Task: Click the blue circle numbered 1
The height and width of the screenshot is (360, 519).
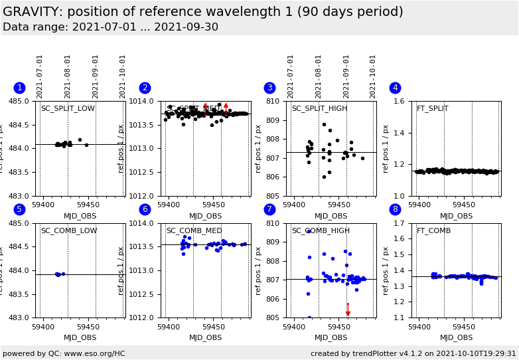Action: tap(20, 88)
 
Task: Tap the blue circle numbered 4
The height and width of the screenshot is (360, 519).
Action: tap(396, 88)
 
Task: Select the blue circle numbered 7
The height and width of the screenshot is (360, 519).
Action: tap(270, 209)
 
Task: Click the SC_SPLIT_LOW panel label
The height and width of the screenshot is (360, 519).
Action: tap(68, 109)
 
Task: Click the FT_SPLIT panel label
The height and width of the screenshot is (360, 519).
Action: tap(432, 109)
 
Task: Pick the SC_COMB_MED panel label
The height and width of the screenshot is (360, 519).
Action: tap(194, 231)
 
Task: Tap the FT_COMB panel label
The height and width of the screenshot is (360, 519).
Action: tap(433, 231)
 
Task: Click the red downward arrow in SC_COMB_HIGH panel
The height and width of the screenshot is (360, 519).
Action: tap(348, 310)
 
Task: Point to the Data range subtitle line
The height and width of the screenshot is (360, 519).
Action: tap(110, 27)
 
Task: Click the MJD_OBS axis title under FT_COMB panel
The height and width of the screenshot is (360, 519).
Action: tap(457, 337)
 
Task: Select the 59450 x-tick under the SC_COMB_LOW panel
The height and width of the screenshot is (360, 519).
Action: tap(88, 327)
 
